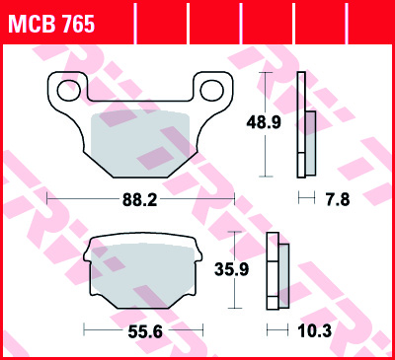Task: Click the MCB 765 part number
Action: tap(51, 24)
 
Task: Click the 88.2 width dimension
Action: tap(140, 199)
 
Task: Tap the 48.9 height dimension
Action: tap(264, 122)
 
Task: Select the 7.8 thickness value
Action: tap(338, 199)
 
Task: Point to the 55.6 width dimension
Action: tap(145, 331)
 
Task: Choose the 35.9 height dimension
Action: tap(232, 269)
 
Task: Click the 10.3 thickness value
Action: tap(315, 331)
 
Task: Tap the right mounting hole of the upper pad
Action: tap(212, 91)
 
